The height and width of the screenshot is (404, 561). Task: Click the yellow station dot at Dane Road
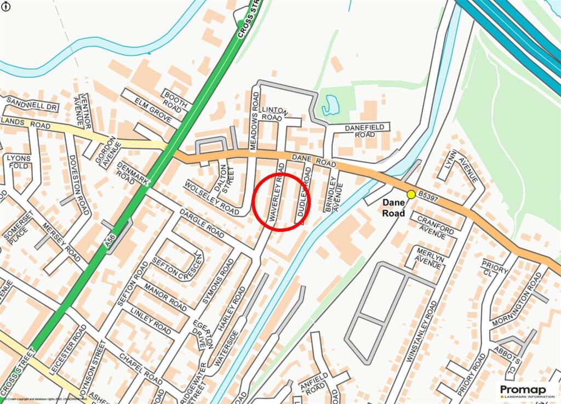click(x=411, y=194)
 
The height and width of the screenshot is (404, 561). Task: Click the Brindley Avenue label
click(x=334, y=194)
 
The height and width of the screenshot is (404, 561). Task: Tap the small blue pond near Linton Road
click(x=330, y=105)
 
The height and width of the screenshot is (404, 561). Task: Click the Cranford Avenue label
click(x=436, y=226)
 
